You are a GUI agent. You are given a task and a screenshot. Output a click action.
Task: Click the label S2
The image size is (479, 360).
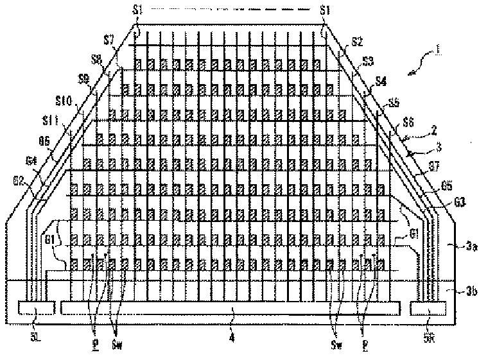click(x=358, y=42)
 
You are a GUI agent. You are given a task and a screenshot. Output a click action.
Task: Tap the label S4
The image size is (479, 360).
click(x=381, y=81)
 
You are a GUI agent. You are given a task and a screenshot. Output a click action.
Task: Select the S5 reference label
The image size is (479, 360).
click(x=393, y=102)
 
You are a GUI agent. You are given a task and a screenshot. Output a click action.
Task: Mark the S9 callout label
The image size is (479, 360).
click(x=84, y=80)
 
